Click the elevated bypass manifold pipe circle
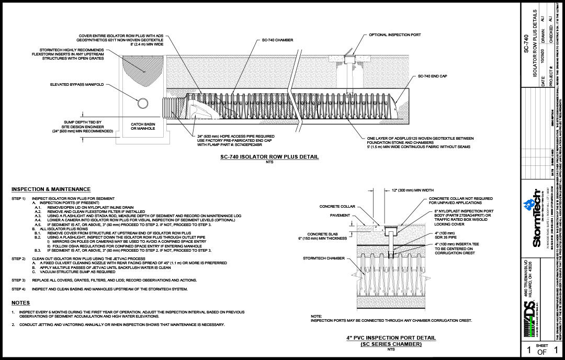(x=143, y=104)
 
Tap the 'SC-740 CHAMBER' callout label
(x=277, y=40)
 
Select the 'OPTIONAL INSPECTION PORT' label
(x=395, y=35)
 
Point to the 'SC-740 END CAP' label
(x=432, y=76)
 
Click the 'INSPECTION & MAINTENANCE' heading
(x=51, y=189)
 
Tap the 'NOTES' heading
(x=21, y=303)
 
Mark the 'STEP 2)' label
(x=18, y=259)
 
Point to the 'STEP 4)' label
(x=18, y=289)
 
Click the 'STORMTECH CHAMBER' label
(x=324, y=258)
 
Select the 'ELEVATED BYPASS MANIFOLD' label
(x=76, y=84)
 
